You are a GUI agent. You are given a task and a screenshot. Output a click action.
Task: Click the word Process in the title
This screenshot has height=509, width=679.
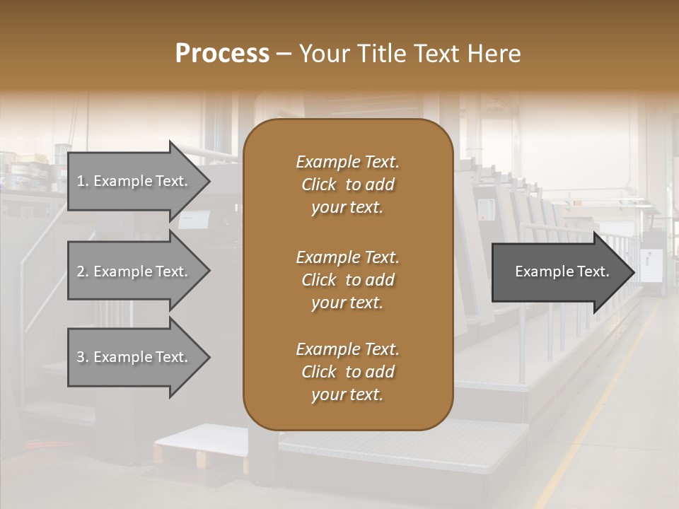[x=222, y=54]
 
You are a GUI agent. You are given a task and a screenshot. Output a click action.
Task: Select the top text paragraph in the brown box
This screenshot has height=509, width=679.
[x=347, y=185]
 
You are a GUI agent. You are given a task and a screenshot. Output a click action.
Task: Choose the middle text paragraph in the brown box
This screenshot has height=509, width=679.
[x=347, y=280]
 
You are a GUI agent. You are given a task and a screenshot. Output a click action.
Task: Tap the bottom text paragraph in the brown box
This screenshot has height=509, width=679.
[x=347, y=372]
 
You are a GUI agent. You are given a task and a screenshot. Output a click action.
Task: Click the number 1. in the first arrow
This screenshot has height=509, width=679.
[x=83, y=181]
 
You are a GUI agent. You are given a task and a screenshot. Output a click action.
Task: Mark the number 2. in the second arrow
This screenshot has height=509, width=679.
[x=83, y=271]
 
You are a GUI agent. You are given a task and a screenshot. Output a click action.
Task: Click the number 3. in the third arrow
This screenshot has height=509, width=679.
[x=83, y=357]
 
